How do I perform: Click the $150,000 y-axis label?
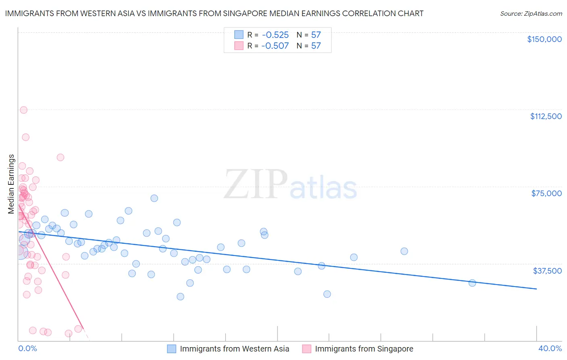coord(544,39)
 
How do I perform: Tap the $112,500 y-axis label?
coord(546,116)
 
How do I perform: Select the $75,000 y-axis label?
coord(546,193)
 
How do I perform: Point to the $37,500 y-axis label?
coord(547,271)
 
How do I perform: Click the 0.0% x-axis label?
coord(27,348)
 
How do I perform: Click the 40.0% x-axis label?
coord(550,348)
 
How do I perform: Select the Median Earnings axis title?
coord(11,184)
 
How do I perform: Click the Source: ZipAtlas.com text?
coord(531,13)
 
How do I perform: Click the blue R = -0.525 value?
coord(275,35)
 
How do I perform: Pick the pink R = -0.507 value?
coord(275,46)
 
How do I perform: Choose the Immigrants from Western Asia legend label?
coord(234,349)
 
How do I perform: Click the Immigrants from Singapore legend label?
coord(364,349)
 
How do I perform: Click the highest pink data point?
coord(23,110)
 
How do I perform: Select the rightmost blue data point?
coord(472,283)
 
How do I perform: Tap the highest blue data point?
coord(154,198)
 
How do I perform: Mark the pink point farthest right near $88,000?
coord(60,157)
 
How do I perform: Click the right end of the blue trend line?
coord(536,289)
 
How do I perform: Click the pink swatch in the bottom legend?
coord(307,349)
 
